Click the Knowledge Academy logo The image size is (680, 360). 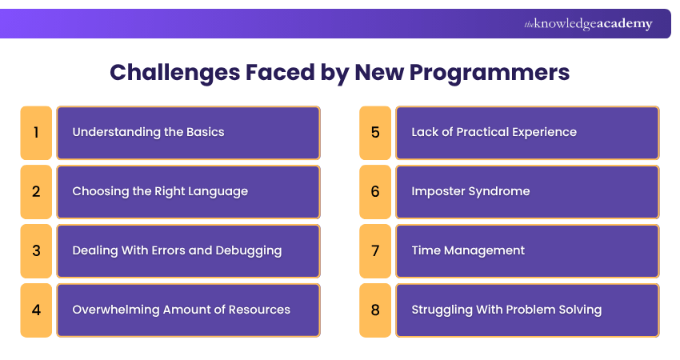(588, 24)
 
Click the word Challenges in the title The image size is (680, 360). (174, 73)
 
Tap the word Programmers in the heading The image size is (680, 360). (489, 73)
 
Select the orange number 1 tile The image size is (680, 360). (36, 133)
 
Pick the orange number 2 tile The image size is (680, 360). (36, 192)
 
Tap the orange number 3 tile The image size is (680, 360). (36, 250)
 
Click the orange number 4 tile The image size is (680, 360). (36, 310)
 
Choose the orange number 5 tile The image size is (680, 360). (375, 133)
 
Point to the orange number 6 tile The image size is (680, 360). (375, 192)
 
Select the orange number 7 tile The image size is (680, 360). (375, 250)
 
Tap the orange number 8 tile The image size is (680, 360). (375, 310)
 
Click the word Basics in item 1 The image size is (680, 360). (205, 132)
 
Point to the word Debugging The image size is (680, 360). (249, 251)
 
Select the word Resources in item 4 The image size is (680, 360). (259, 310)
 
